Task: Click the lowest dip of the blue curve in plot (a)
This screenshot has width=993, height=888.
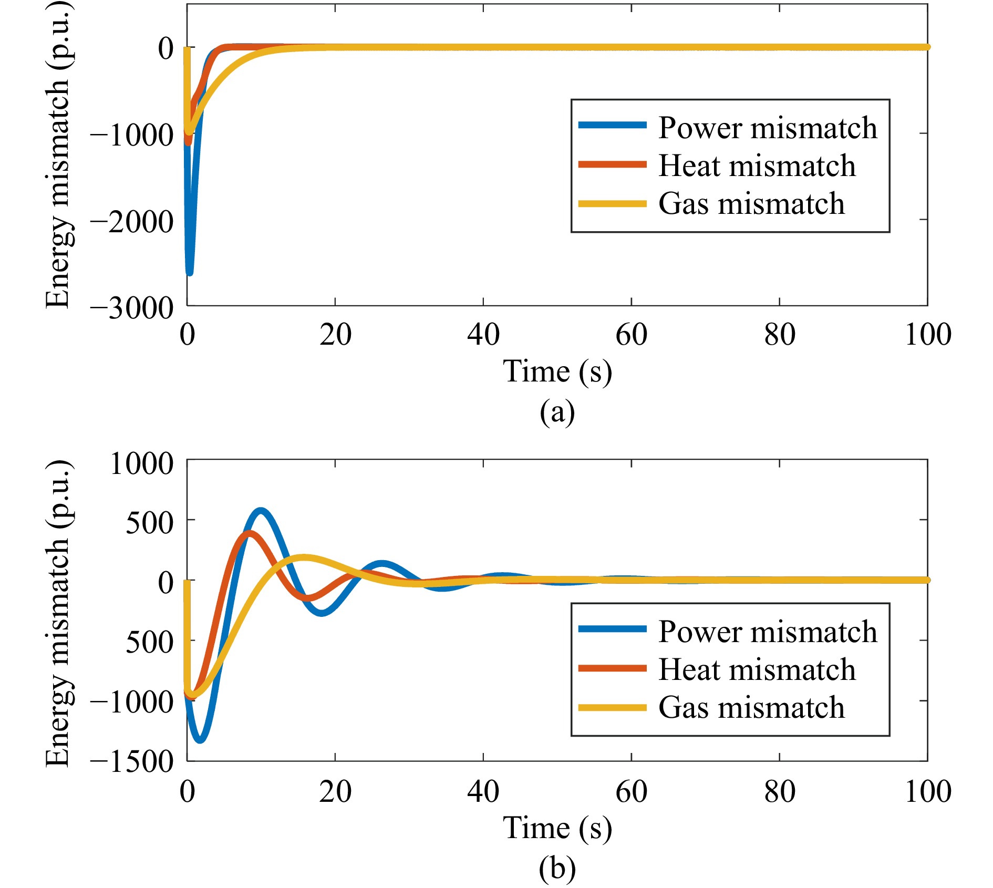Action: point(190,272)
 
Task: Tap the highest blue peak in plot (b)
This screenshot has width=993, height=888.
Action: point(261,510)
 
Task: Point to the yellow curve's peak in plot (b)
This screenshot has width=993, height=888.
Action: point(303,557)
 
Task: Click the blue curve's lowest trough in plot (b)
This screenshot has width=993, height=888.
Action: point(200,740)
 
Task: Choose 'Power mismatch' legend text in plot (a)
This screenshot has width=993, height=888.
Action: point(768,128)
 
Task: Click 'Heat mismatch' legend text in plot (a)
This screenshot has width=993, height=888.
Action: point(757,166)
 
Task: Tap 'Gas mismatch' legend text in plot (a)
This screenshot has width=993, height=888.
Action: point(751,204)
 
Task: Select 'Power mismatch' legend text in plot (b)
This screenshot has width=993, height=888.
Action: point(768,631)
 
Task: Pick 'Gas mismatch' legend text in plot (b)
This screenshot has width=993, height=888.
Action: point(751,707)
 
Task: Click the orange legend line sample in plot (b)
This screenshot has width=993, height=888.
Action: point(612,668)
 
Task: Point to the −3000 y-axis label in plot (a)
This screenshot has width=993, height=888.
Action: point(131,308)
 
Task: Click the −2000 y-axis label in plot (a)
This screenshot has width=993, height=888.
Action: point(131,222)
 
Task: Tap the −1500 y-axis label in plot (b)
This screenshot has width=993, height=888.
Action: point(131,761)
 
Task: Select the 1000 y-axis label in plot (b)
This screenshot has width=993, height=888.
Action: point(141,463)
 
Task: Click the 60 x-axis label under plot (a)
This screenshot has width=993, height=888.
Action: point(631,335)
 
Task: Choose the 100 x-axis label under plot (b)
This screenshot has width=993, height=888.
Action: point(927,791)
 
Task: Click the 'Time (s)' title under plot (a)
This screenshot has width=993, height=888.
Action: point(557,371)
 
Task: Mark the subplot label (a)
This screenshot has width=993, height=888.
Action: point(557,411)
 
